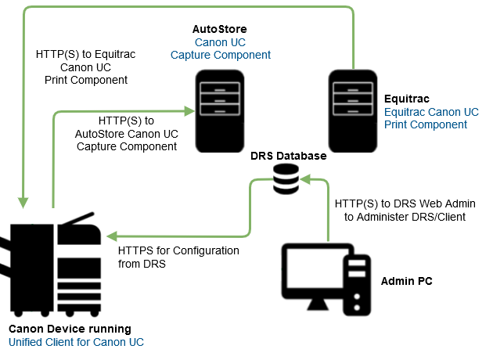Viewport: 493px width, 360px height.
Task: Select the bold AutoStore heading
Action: pyautogui.click(x=219, y=29)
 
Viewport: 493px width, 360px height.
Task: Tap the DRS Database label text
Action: pyautogui.click(x=288, y=157)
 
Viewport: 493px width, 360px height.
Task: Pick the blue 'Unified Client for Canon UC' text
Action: pyautogui.click(x=76, y=342)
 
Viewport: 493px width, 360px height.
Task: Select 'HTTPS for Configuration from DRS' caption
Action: pyautogui.click(x=178, y=257)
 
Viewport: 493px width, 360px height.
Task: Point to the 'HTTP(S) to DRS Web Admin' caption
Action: pyautogui.click(x=400, y=203)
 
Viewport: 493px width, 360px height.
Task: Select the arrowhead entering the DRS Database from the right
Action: pyautogui.click(x=305, y=181)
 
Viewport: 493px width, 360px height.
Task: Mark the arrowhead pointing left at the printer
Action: pyautogui.click(x=113, y=235)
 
